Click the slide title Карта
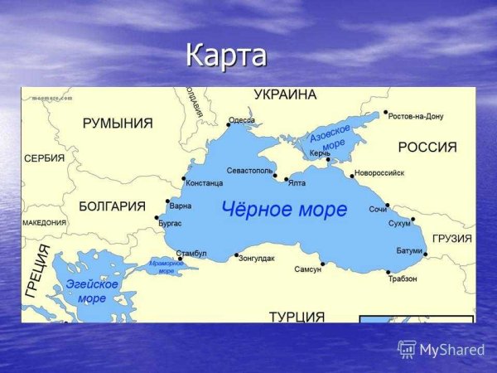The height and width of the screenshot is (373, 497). (x=226, y=56)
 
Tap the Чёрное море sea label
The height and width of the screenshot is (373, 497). (x=284, y=210)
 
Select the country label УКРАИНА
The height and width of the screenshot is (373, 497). (x=285, y=94)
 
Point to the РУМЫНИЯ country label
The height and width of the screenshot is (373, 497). (x=118, y=124)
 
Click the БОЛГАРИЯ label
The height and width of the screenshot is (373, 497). (x=112, y=206)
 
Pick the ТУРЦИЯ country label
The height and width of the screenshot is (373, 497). (x=297, y=317)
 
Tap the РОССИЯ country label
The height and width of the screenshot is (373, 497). (x=427, y=147)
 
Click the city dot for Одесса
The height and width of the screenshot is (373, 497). (x=229, y=125)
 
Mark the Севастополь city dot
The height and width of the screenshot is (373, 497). (x=275, y=175)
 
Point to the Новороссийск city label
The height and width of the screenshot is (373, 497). (x=379, y=173)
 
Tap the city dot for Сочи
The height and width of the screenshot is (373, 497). (x=387, y=205)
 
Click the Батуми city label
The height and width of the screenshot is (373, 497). (x=409, y=250)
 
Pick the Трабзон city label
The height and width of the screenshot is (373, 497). (x=403, y=279)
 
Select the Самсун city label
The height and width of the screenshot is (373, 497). (x=307, y=269)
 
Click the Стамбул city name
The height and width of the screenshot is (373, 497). (x=191, y=253)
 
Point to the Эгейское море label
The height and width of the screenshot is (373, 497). (x=93, y=291)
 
